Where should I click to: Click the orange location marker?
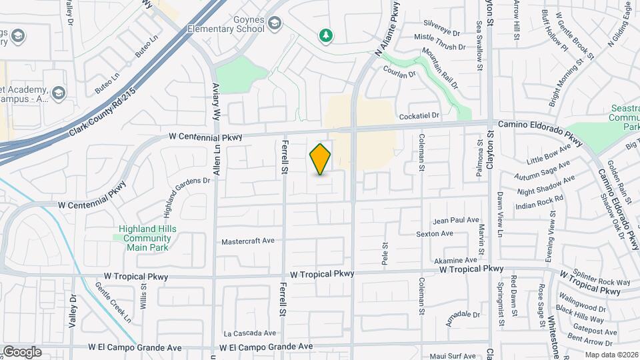coord(320,159)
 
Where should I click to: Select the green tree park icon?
coord(325,35)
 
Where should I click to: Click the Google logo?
coord(22,352)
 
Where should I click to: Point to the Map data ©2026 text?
coord(611,355)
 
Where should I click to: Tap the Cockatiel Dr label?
coord(419,116)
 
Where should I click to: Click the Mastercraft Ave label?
coord(248,241)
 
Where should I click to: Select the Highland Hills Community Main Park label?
coord(143,238)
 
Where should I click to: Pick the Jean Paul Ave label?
coord(456,220)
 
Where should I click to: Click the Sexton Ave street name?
coord(434,234)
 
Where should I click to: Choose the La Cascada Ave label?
coord(249,333)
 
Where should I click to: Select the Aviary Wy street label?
coord(216,102)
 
